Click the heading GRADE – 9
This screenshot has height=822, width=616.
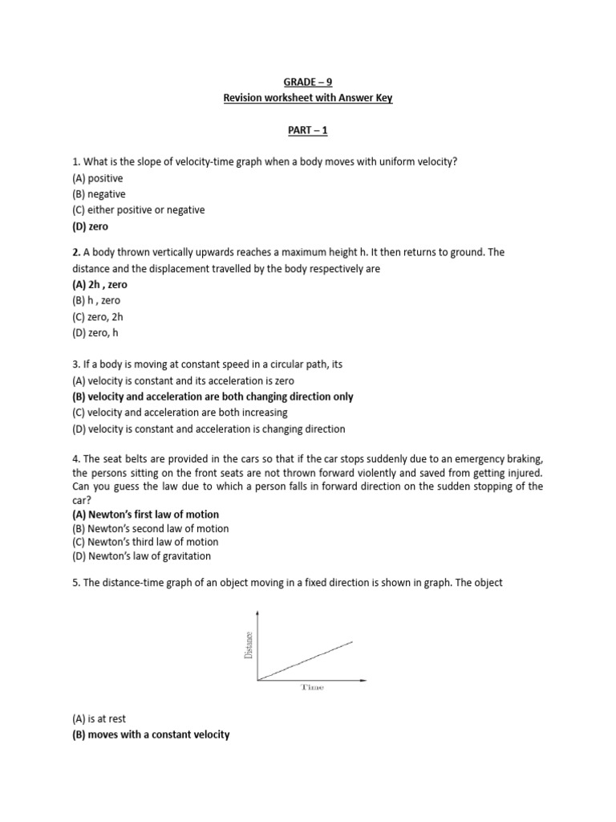click(307, 82)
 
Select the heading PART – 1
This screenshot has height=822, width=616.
click(307, 130)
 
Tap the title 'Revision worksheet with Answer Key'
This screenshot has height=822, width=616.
click(307, 99)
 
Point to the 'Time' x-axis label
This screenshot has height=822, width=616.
click(312, 687)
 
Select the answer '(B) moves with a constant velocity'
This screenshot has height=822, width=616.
click(151, 735)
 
